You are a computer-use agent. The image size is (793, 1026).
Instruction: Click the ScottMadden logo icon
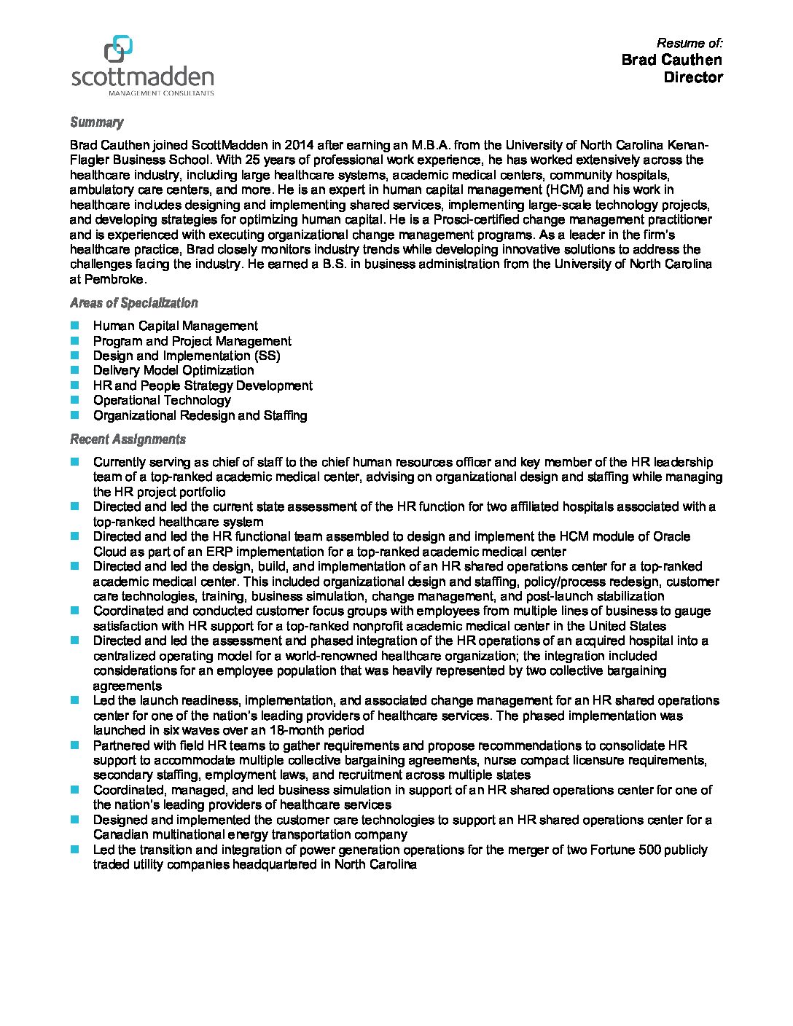point(118,49)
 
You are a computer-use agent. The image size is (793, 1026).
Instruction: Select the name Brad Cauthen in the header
point(671,60)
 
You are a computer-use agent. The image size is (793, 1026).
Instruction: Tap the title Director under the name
point(692,77)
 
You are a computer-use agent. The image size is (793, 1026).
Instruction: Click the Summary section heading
point(96,122)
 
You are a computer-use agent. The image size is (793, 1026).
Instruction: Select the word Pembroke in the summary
point(116,279)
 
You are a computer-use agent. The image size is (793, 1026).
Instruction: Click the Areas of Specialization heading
point(133,303)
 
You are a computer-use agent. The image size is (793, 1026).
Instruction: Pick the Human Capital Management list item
point(175,326)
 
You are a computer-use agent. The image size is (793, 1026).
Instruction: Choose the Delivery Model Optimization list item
point(173,370)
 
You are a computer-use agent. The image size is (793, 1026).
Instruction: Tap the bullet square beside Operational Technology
point(74,400)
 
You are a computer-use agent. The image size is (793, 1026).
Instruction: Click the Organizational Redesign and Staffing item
point(200,415)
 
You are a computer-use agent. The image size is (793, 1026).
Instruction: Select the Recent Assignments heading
point(128,439)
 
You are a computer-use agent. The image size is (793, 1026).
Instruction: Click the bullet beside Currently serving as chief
point(74,462)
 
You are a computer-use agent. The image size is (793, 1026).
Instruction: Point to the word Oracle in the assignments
point(671,536)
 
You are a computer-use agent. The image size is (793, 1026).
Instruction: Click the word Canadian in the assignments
point(119,834)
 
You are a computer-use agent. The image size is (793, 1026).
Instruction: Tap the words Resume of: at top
point(689,43)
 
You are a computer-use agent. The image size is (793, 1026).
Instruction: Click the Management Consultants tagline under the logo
point(161,93)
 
